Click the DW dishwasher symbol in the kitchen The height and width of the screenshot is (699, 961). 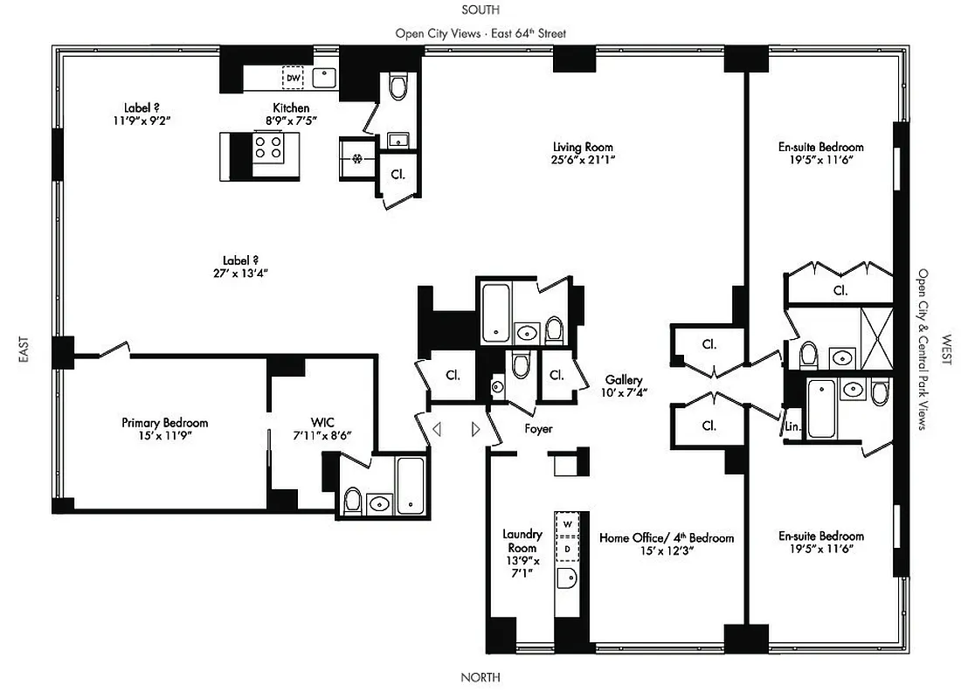tap(293, 79)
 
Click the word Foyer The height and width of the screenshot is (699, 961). tap(538, 429)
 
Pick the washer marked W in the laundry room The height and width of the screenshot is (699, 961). tap(567, 523)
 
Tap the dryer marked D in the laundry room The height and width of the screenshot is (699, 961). tap(567, 549)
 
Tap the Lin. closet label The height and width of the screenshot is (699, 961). tap(792, 427)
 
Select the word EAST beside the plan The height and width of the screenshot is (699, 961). tap(24, 349)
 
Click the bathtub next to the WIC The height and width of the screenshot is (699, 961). tap(410, 484)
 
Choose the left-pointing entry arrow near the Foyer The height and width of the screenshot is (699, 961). tap(437, 429)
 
